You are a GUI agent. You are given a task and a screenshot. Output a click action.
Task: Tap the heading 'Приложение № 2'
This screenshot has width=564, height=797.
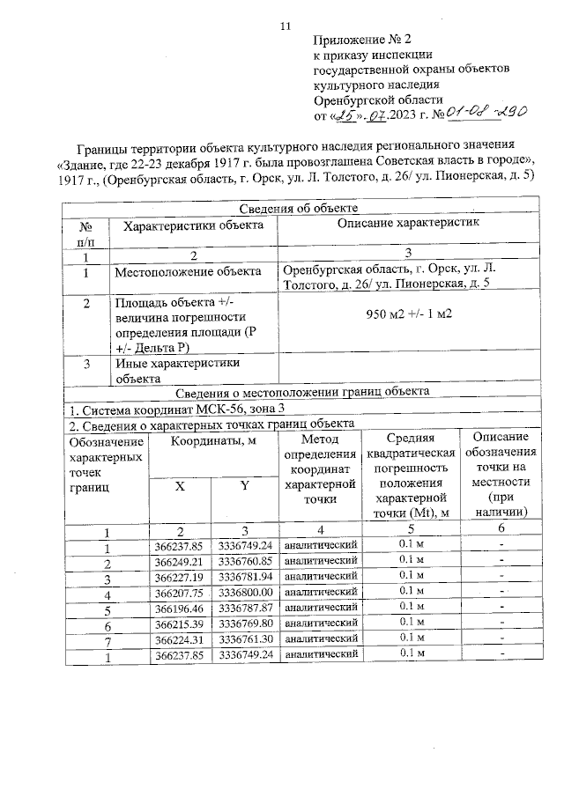click(362, 39)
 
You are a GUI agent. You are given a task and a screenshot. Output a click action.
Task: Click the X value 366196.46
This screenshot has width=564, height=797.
click(178, 607)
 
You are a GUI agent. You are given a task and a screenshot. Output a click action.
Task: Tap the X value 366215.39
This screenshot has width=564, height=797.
click(178, 623)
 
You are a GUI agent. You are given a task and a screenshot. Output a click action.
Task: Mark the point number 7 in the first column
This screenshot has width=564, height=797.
click(107, 639)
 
